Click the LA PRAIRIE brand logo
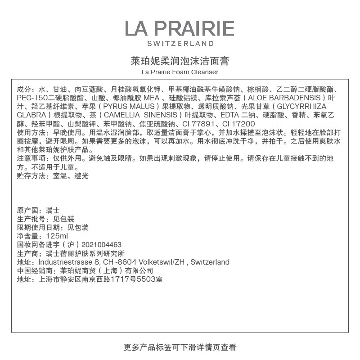coord(180,28)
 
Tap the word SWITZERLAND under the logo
coord(180,44)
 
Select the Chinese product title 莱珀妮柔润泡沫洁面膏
coord(180,61)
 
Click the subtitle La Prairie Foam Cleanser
coord(180,72)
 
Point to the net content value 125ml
coord(57,236)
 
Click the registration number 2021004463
coord(102,245)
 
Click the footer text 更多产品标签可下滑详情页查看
coord(180,347)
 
